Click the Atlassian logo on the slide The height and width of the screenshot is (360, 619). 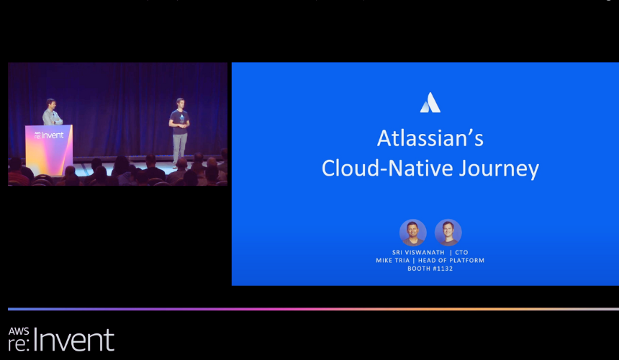430,103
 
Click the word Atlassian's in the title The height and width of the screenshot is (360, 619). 430,138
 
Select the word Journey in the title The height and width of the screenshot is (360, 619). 499,169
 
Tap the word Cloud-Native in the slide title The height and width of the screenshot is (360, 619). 387,168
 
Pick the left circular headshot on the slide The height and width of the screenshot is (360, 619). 413,233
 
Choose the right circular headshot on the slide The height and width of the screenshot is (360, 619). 448,233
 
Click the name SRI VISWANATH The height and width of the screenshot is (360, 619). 418,253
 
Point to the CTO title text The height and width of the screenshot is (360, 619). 461,253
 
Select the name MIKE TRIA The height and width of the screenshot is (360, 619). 393,261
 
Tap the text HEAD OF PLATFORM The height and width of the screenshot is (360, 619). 451,261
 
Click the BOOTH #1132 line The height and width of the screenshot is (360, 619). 430,269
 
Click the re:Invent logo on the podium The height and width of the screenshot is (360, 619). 49,135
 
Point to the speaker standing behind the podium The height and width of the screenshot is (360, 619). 51,112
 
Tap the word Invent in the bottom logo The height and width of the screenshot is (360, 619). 74,339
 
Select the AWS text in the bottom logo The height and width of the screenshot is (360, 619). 19,330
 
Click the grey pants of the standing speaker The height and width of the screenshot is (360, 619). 180,149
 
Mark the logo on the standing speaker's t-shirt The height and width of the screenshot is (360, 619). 181,118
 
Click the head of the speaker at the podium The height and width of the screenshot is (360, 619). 51,104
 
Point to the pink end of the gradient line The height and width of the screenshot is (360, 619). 261,309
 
